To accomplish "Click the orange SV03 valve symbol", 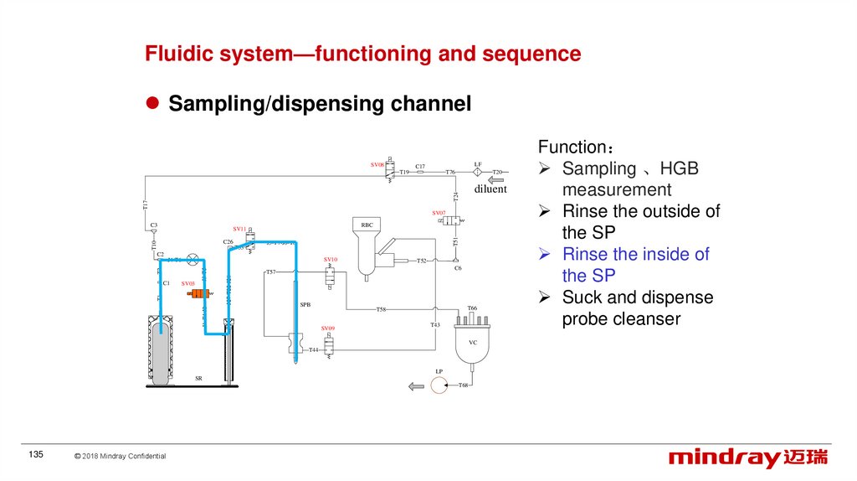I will (x=201, y=294).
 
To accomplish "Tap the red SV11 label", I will (x=239, y=229).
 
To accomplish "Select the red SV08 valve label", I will (x=377, y=165).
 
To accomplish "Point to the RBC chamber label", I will (x=367, y=225).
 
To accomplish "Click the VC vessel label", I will (x=472, y=343).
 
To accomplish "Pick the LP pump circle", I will (x=439, y=385).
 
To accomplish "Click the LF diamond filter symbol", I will (x=478, y=172).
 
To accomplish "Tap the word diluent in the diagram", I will (x=490, y=189).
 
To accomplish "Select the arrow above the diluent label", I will (x=496, y=179).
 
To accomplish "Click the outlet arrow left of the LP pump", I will (x=414, y=385).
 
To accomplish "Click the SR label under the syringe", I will (x=198, y=379).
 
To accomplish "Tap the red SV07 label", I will (x=439, y=213).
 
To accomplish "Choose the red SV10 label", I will (x=330, y=260).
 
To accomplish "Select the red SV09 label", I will (x=328, y=328).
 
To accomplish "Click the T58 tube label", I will (x=381, y=309).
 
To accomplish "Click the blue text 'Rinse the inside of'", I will (x=635, y=254).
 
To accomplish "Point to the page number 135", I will (x=36, y=454).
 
